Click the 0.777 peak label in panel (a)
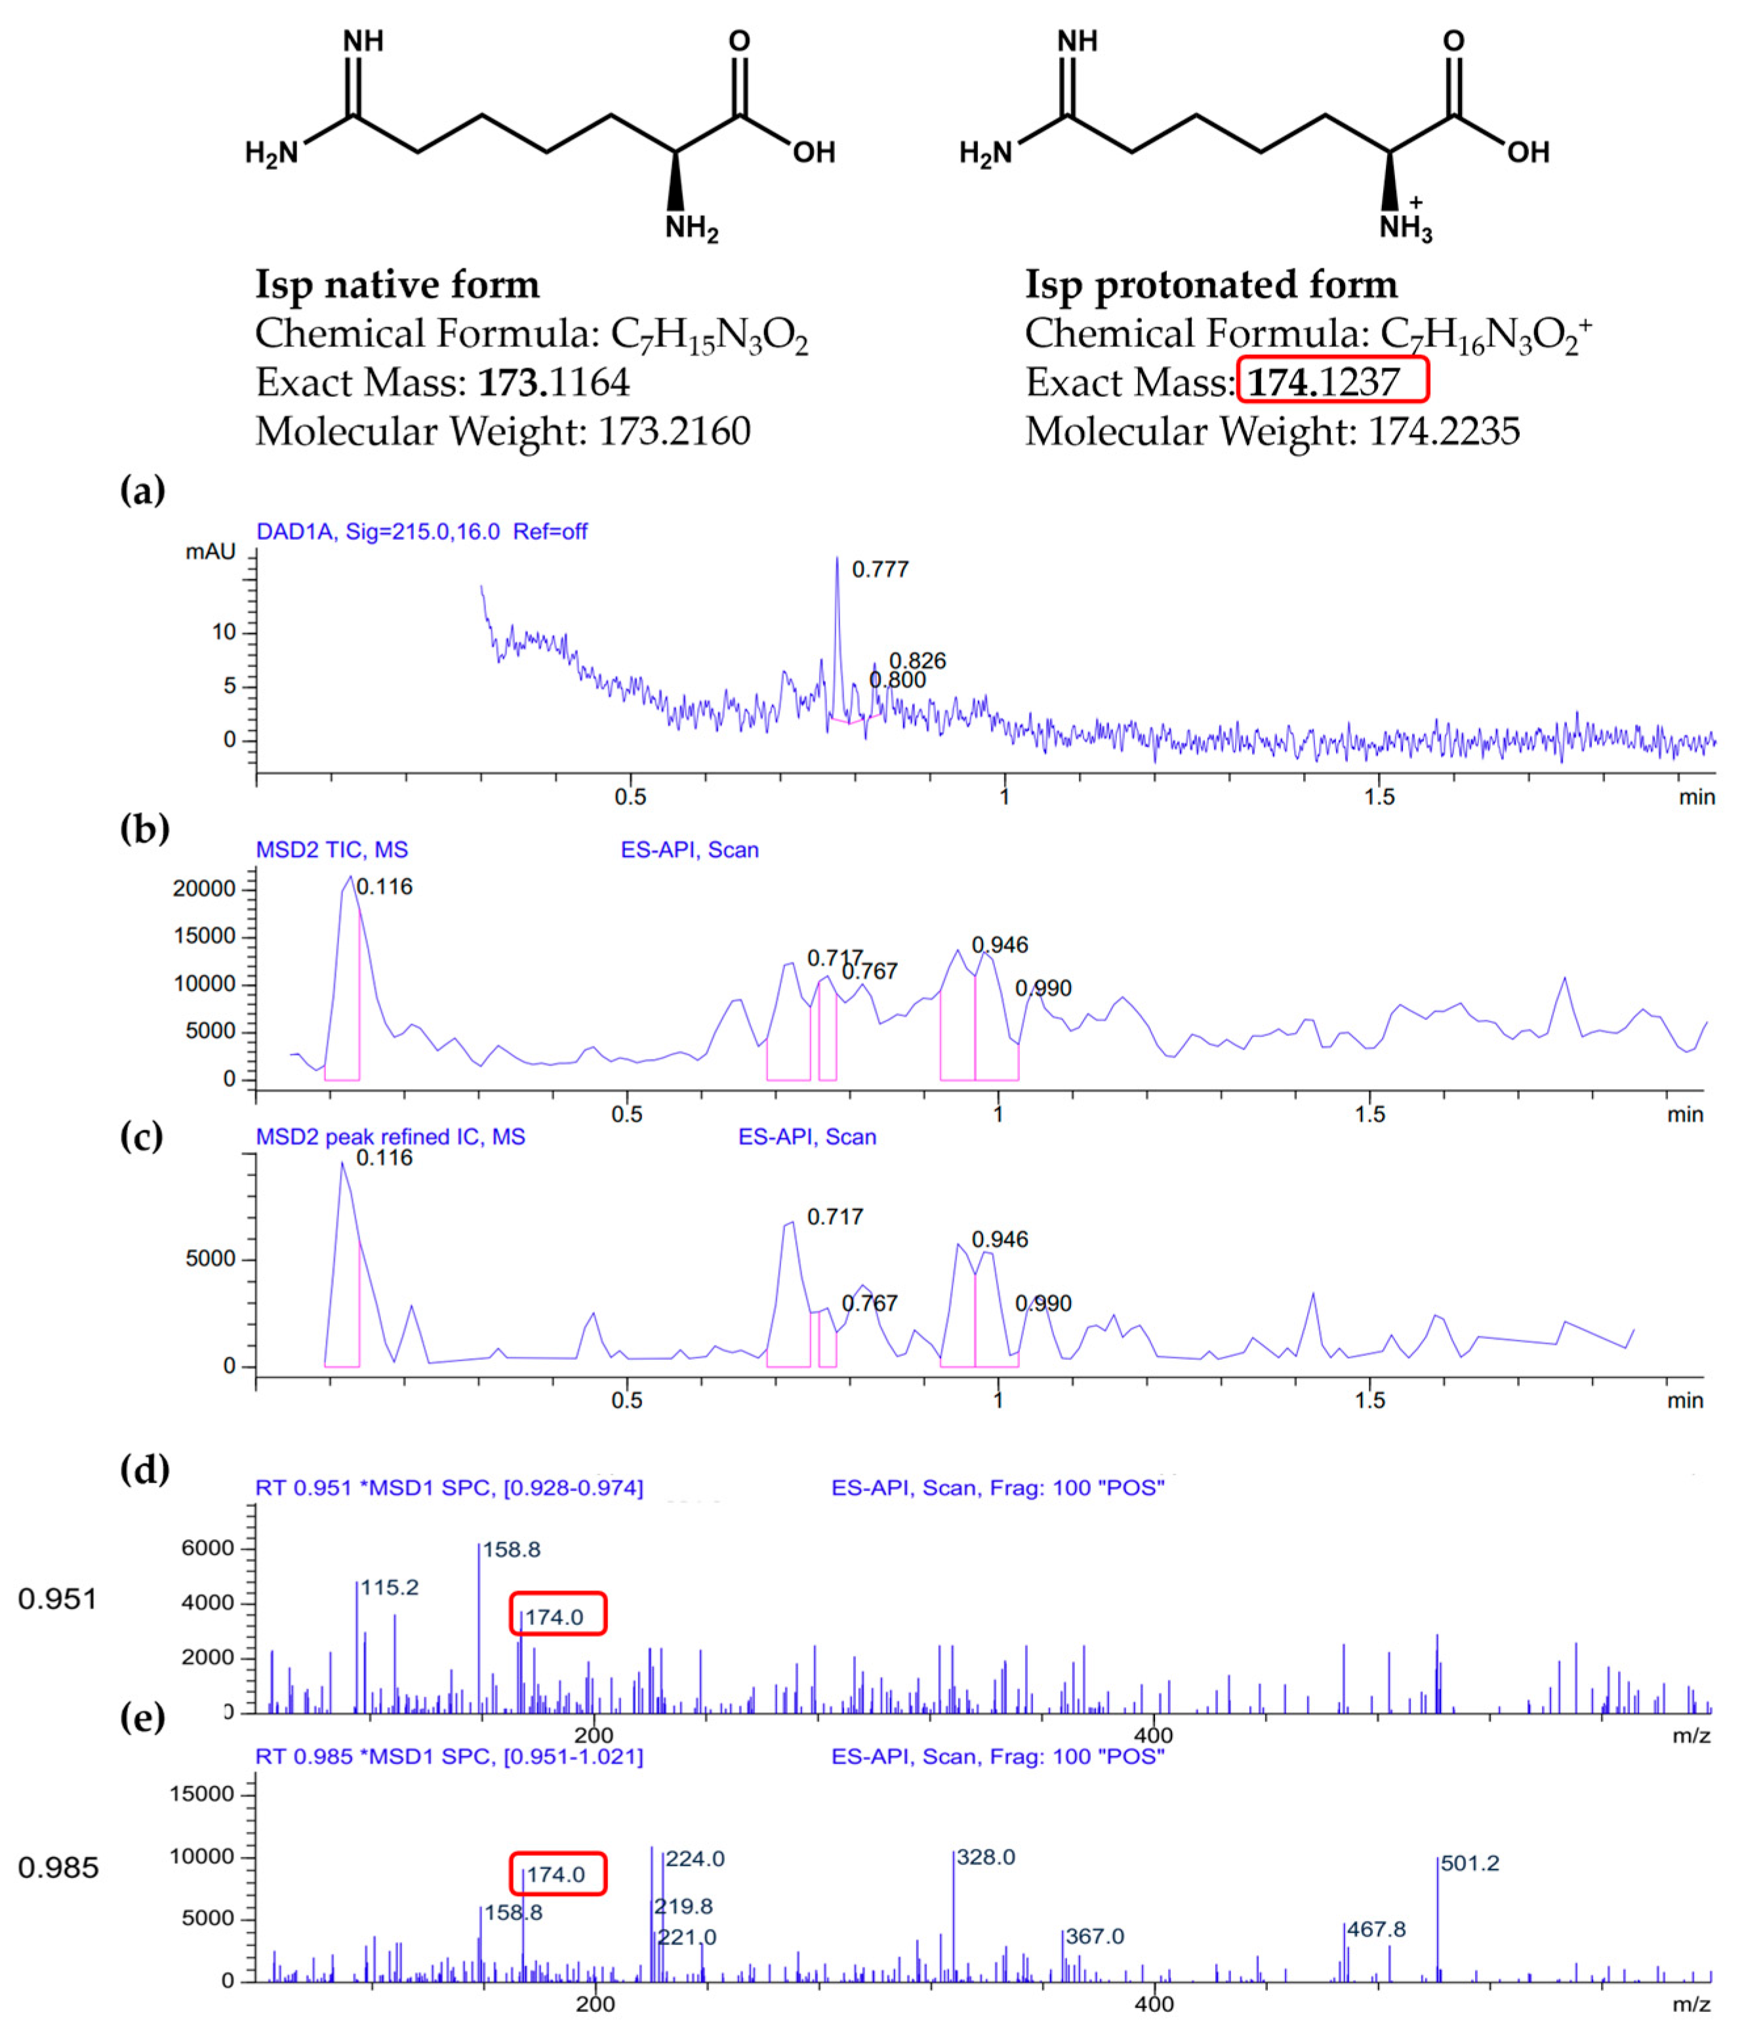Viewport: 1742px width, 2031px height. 880,569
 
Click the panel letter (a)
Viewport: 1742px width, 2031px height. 143,489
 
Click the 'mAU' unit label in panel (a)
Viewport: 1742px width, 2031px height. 211,552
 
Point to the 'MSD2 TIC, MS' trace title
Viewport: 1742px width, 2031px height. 332,850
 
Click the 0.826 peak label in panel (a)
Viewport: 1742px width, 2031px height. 917,661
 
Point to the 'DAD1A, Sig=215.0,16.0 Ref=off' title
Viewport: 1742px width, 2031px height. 421,531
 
